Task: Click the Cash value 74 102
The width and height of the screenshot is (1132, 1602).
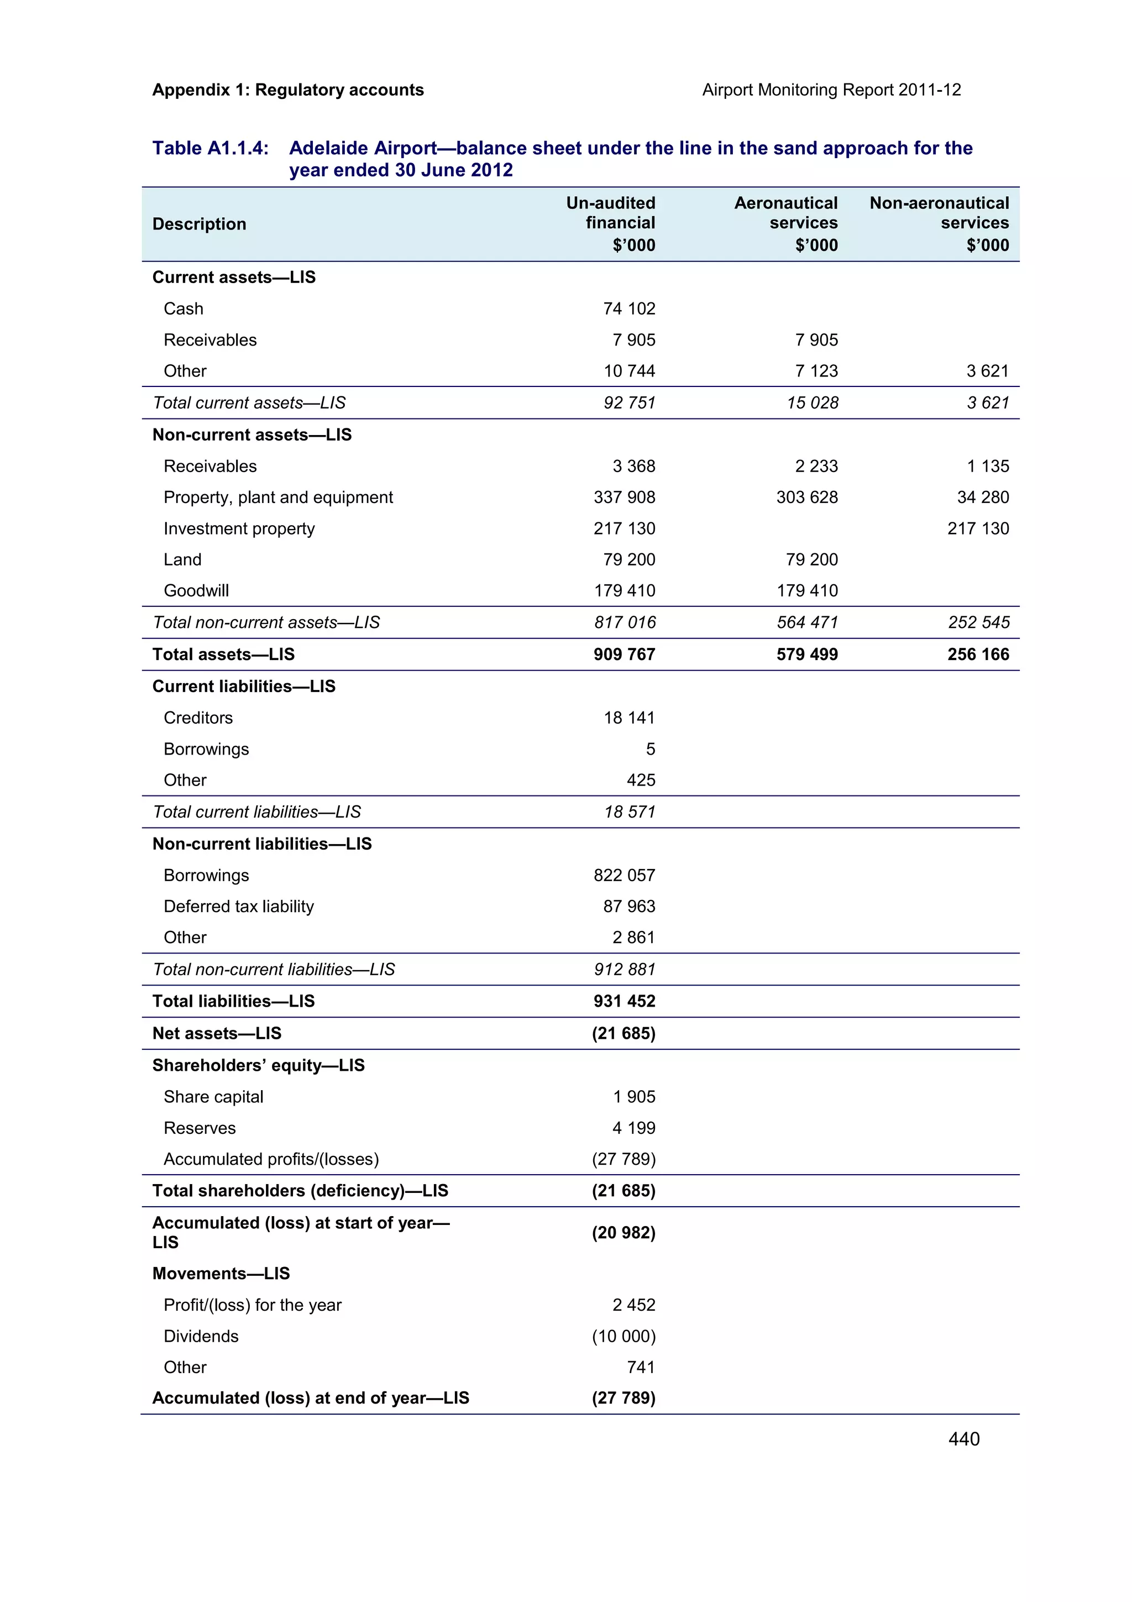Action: tap(628, 308)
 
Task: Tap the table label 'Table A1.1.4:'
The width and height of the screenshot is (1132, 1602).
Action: tap(210, 148)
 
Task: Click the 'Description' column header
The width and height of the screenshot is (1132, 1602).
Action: tap(199, 224)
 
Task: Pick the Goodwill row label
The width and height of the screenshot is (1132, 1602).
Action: tap(196, 590)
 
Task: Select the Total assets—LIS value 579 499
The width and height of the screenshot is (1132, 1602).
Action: tap(807, 655)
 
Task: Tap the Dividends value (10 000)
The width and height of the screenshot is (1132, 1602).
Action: tap(623, 1336)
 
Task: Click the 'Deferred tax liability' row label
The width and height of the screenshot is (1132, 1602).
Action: tap(239, 907)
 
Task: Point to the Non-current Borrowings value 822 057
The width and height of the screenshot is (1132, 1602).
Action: tap(624, 875)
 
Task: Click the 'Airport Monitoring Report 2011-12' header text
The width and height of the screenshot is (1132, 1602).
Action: tap(831, 90)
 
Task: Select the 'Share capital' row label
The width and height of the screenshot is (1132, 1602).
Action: tap(213, 1097)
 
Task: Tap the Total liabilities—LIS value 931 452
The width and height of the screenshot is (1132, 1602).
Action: tap(624, 1001)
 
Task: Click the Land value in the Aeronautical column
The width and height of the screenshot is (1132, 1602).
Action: tap(812, 559)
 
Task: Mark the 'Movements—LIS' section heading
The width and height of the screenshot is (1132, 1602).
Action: tap(221, 1274)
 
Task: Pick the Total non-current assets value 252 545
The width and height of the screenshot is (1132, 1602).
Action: tap(978, 622)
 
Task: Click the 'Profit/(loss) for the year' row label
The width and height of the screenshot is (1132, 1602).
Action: tap(253, 1305)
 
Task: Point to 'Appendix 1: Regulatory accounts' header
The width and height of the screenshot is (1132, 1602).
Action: tap(287, 90)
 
